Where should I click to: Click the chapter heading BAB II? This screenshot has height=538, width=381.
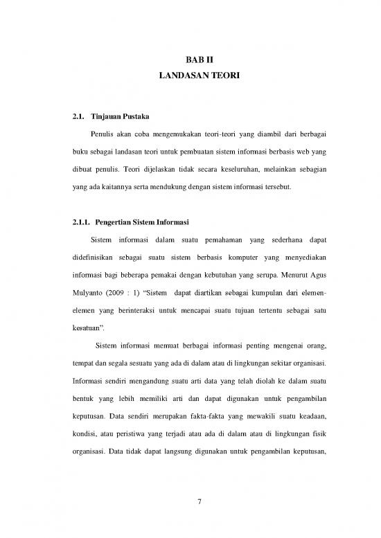[190, 62]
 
